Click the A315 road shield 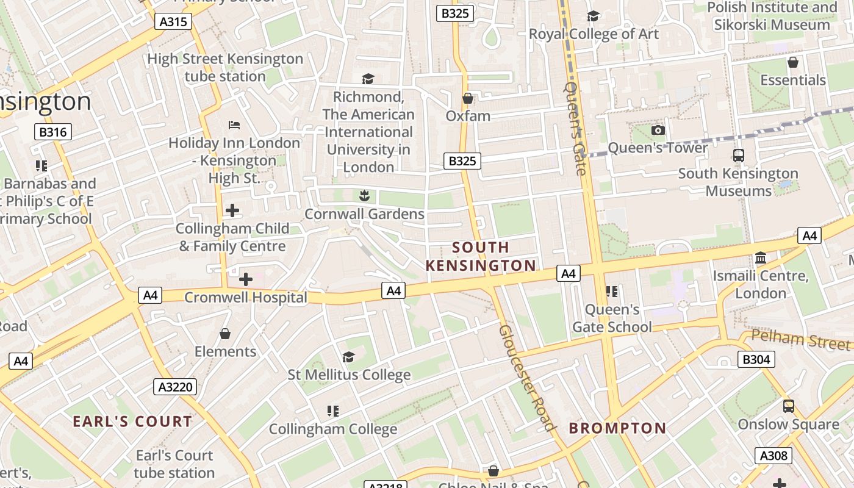tap(173, 22)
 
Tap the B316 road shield tap(53, 132)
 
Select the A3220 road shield tap(175, 386)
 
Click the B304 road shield tap(756, 359)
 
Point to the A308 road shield tap(774, 455)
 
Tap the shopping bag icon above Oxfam tap(468, 98)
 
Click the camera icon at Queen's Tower tap(658, 130)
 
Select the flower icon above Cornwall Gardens tap(364, 196)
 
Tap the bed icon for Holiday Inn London tap(234, 125)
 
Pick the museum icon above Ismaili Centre tap(760, 258)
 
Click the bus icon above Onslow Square tap(788, 406)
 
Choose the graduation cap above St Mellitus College tap(349, 357)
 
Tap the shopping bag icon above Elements tap(225, 334)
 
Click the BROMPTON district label tap(617, 428)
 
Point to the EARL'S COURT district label tap(132, 421)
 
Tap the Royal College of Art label tap(594, 34)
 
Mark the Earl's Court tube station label tap(174, 464)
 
